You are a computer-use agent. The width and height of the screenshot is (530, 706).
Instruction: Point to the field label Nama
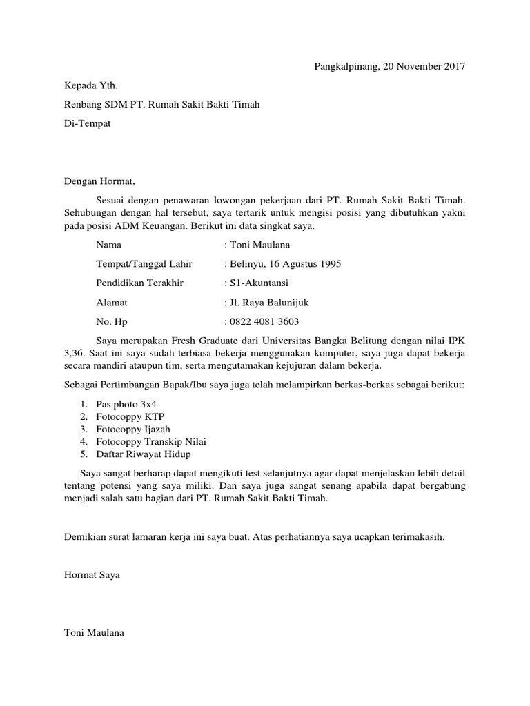click(108, 245)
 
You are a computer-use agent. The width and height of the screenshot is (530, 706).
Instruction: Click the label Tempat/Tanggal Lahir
click(144, 264)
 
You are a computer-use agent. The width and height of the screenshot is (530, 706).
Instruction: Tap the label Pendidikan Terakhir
click(140, 283)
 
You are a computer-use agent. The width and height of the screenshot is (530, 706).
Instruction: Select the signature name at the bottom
click(94, 632)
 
